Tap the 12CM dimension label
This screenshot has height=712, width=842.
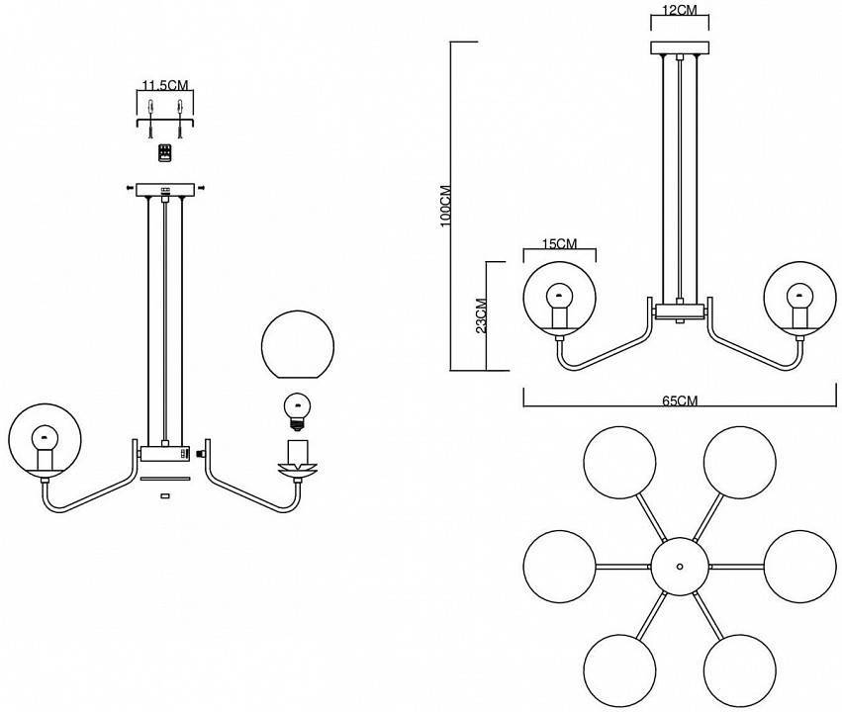coord(679,10)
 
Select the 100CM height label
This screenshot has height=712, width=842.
coord(446,205)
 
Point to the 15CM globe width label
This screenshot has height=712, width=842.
coord(560,242)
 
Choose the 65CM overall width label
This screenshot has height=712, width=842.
coord(679,400)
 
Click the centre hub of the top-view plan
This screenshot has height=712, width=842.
coord(679,566)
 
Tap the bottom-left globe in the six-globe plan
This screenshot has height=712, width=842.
coord(619,669)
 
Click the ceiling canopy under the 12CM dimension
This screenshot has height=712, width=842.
coord(679,47)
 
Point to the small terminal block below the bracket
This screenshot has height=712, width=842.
coord(165,152)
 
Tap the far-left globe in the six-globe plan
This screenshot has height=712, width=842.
coord(559,566)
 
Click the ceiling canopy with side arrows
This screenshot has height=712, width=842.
coord(165,189)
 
